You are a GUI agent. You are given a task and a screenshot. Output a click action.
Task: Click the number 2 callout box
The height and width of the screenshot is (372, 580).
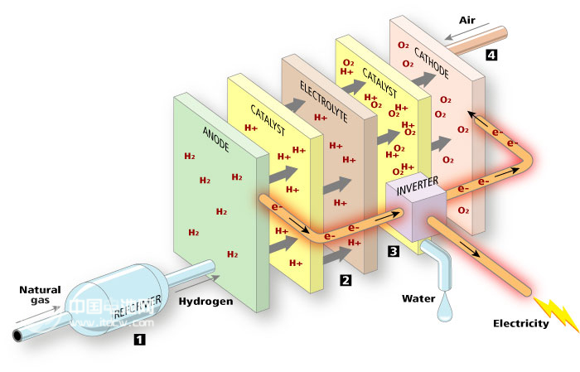[346, 280]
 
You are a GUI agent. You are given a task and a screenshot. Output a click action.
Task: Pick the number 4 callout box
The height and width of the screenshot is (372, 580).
[492, 56]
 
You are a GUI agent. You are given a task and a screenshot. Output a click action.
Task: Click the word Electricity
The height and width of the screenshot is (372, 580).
[520, 323]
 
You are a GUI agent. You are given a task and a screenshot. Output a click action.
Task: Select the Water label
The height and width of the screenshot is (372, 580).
[418, 297]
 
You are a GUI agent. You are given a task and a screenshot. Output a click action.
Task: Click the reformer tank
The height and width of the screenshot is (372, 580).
[116, 303]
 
